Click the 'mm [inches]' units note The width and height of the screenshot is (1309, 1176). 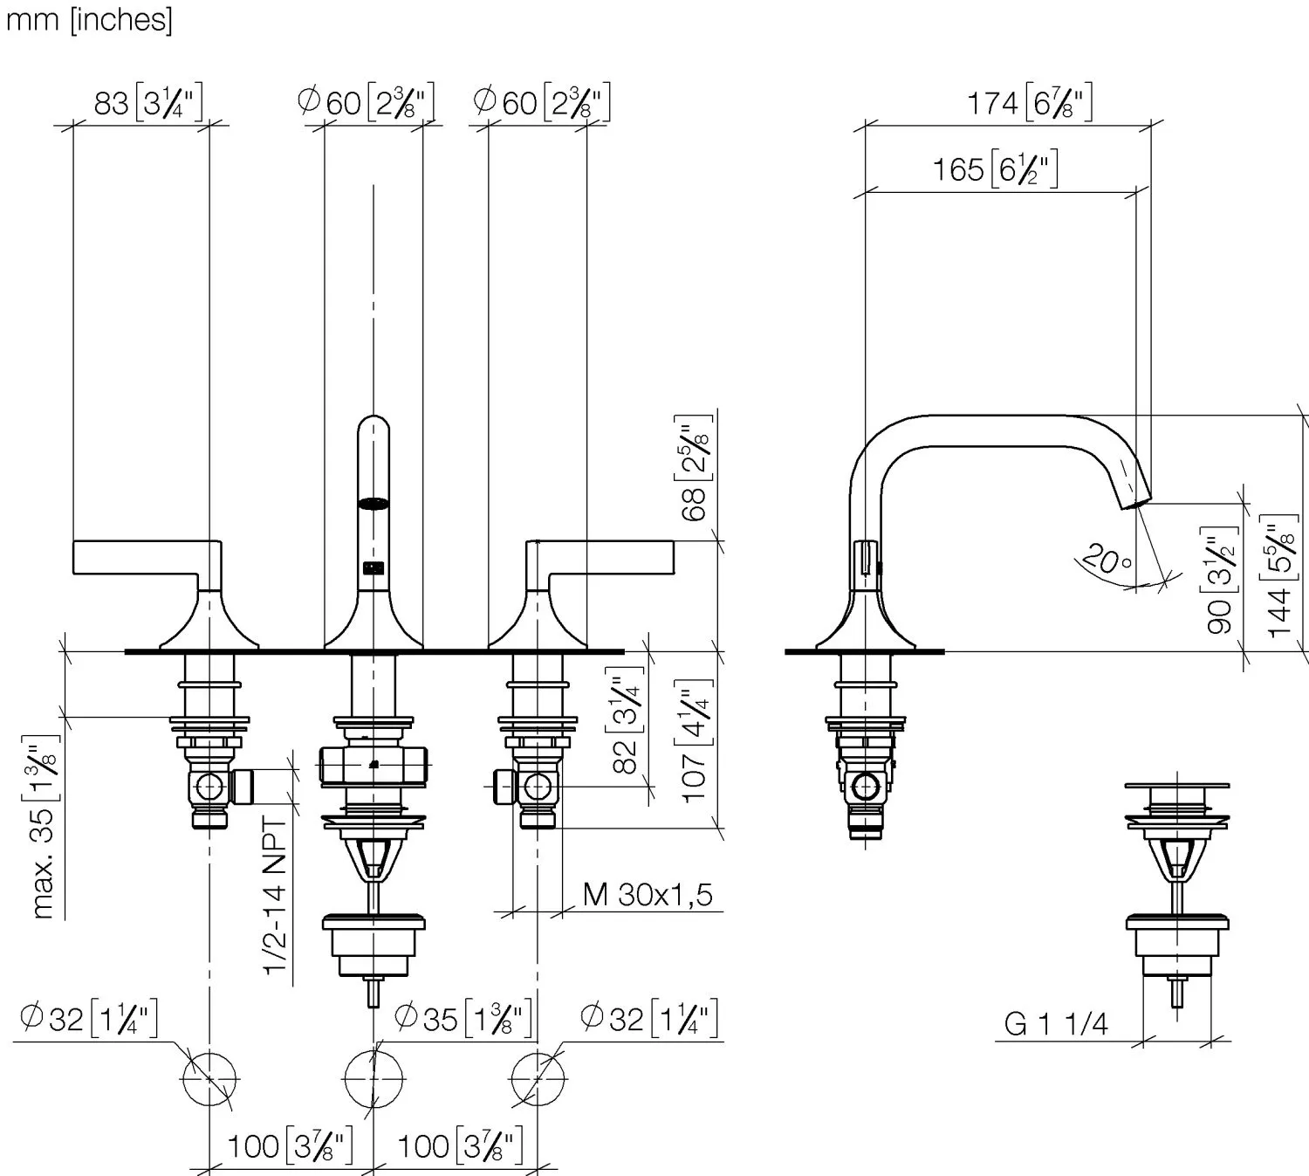pyautogui.click(x=89, y=19)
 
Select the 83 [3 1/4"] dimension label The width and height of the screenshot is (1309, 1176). pyautogui.click(x=147, y=103)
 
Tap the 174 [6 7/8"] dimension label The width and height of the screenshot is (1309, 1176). pyautogui.click(x=1028, y=103)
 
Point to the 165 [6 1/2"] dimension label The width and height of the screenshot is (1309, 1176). pyautogui.click(x=994, y=168)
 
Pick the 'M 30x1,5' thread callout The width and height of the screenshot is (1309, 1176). pyautogui.click(x=647, y=894)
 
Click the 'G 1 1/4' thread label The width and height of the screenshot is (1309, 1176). pyautogui.click(x=1055, y=1023)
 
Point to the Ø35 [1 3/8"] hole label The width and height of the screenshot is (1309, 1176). pyautogui.click(x=462, y=1018)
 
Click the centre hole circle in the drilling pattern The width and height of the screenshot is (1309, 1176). pyautogui.click(x=374, y=1078)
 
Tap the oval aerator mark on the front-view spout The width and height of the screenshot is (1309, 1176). pyautogui.click(x=374, y=504)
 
